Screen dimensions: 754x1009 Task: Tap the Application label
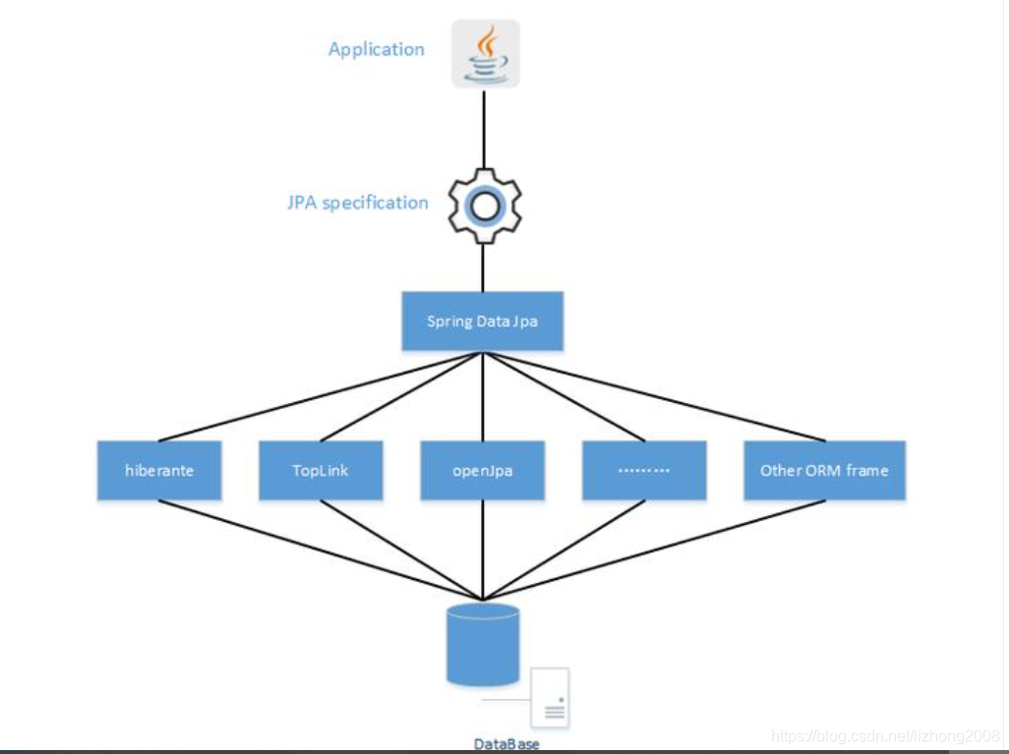(x=376, y=49)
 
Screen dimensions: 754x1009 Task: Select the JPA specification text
(x=357, y=203)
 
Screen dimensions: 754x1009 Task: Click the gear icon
(x=484, y=205)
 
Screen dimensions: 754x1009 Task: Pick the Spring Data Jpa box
(x=482, y=320)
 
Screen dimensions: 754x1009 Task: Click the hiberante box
(x=159, y=470)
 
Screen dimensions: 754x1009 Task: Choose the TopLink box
(x=321, y=470)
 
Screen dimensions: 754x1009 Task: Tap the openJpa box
(x=482, y=470)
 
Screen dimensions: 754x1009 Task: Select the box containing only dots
(x=644, y=470)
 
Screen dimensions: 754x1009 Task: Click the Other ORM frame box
(x=823, y=470)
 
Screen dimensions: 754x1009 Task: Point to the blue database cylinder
(x=482, y=644)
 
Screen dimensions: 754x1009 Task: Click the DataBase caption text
(x=505, y=744)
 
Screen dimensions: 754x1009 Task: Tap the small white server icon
(x=551, y=697)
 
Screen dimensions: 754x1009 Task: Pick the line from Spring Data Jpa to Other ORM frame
(x=654, y=396)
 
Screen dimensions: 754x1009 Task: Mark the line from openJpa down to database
(x=483, y=551)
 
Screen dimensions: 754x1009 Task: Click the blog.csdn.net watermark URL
(x=885, y=735)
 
